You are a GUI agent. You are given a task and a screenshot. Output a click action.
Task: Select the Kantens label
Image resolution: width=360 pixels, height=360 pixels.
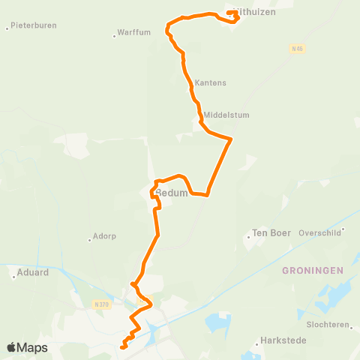pos(210,82)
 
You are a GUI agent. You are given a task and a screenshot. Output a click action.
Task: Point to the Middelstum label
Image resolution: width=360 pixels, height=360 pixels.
pos(226,115)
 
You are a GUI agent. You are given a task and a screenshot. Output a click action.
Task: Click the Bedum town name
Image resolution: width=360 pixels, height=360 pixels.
pos(171,193)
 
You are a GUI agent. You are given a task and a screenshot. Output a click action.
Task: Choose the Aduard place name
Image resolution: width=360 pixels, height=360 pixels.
pos(33,272)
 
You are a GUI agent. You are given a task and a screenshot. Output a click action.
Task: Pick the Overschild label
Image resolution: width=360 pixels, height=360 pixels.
pos(320,232)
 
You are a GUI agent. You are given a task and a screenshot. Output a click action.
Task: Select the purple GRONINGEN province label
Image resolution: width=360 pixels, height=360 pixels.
pos(313,270)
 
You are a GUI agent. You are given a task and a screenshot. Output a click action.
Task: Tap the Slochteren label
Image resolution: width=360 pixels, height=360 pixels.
pos(329,325)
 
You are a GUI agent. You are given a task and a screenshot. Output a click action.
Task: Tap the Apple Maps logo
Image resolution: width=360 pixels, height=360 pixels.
pos(27,347)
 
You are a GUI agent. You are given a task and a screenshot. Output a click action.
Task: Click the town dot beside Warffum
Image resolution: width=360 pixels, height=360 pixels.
pos(115,34)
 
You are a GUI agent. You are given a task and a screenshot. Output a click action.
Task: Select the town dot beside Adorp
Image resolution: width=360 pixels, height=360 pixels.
pos(89,240)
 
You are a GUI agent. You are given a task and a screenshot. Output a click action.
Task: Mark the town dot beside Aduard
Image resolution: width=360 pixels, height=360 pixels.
pos(13,277)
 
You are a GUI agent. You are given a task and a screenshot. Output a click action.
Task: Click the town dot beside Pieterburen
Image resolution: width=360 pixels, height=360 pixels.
pos(7,28)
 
